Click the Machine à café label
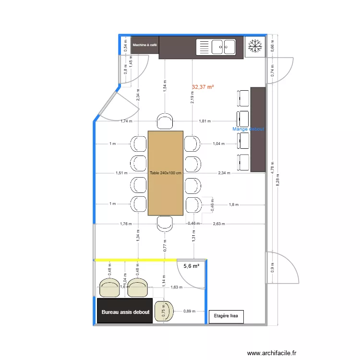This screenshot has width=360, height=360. point(144,45)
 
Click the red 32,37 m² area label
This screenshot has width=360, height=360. point(203,87)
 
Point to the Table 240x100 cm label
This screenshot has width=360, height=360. point(166,173)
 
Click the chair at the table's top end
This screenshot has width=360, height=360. point(165,121)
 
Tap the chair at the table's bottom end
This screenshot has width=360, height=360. point(165,223)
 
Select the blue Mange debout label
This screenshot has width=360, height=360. point(248,129)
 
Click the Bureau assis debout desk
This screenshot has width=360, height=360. point(125,312)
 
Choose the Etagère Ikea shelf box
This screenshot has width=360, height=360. point(226,316)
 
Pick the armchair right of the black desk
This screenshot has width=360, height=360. point(166,312)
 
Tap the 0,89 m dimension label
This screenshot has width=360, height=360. point(190,312)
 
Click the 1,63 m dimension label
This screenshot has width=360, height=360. point(177,288)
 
